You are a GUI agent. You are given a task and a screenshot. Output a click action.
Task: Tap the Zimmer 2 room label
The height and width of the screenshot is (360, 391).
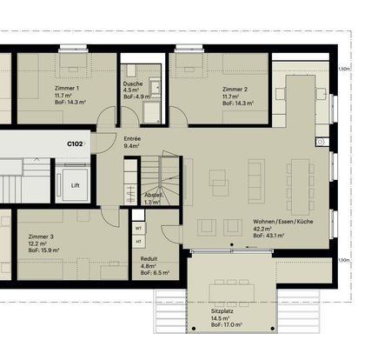pos(235,89)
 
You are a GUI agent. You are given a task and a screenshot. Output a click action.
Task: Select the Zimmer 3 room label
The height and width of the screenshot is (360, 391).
pos(41,237)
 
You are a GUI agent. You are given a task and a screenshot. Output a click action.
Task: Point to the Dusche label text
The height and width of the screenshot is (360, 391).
pos(133,83)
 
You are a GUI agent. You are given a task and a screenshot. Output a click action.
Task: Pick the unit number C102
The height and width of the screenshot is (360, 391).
pos(76,143)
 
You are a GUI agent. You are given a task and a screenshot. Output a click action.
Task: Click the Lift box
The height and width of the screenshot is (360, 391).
pos(76,184)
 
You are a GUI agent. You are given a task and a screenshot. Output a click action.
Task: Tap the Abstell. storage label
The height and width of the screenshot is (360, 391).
pos(153,195)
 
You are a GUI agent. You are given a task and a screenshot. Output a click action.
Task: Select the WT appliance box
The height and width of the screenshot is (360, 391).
pos(139,228)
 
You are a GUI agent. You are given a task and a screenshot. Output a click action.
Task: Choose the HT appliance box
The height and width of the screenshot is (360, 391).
pos(139,242)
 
